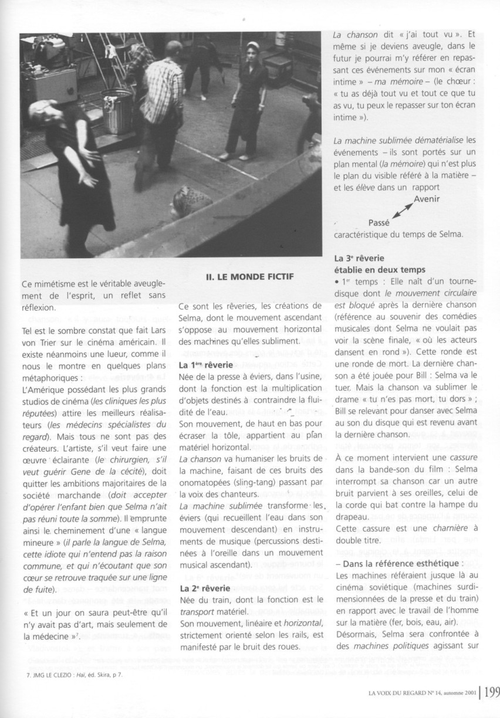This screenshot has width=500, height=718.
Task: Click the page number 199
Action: click(x=489, y=691)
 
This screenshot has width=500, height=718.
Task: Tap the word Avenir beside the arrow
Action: click(x=427, y=198)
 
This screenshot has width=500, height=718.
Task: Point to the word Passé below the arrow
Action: click(x=379, y=223)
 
